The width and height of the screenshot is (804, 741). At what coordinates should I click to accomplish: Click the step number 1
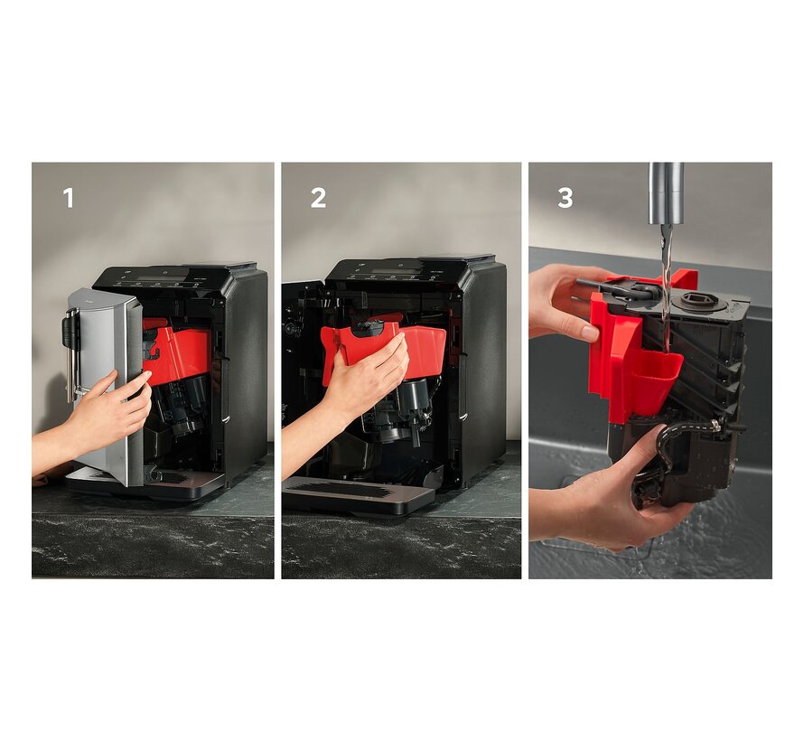coord(68,198)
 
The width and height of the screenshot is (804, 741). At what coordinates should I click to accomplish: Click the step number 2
coord(318,198)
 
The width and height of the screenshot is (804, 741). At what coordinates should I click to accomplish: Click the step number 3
coord(565,198)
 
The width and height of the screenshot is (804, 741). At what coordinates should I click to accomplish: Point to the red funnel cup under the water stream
coord(657,375)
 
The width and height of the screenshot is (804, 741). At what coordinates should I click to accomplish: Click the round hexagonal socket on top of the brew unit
coord(695,301)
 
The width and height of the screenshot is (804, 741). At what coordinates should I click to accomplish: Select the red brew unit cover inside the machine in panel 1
coord(177,347)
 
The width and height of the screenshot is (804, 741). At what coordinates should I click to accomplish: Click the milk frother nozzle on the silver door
coord(70,354)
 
